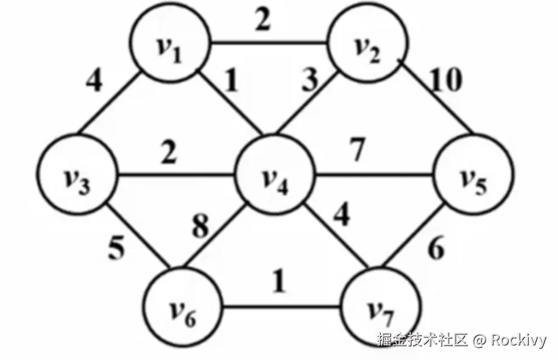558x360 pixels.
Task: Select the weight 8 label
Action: click(200, 227)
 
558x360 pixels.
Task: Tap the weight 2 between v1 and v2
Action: click(263, 21)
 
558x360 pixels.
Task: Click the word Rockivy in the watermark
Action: click(518, 339)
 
